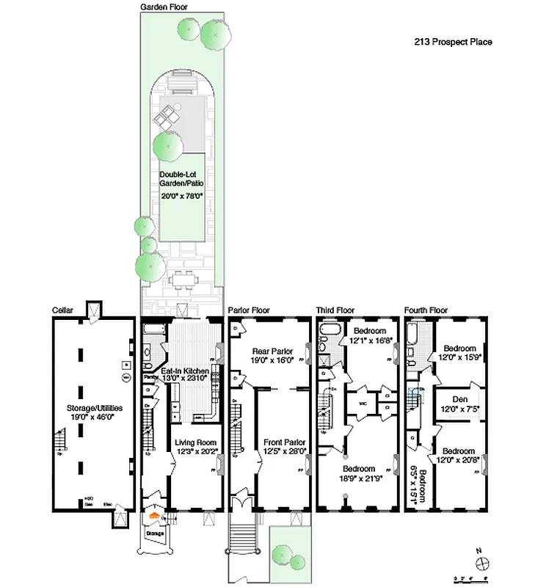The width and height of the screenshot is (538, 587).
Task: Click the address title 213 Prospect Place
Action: pos(453,42)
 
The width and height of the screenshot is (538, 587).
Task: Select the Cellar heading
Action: pos(62,310)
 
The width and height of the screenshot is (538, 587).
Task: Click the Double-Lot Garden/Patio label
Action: pos(181,178)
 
